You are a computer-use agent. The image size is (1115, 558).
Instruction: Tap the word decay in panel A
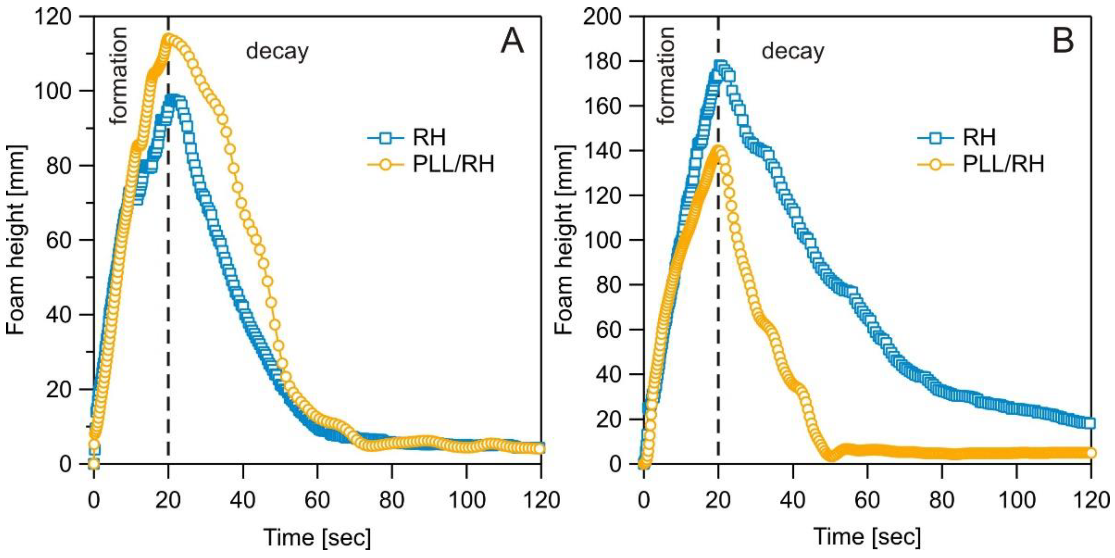(277, 52)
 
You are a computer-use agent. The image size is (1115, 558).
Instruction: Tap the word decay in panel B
(793, 52)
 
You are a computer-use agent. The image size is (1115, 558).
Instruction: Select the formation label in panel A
(118, 76)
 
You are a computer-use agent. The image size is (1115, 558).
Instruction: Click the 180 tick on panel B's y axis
(603, 61)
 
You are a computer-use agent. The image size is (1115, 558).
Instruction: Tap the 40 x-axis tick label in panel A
(243, 500)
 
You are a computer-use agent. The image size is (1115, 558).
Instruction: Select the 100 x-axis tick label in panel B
(1016, 500)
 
